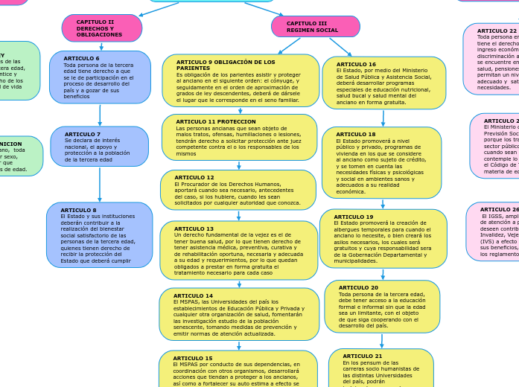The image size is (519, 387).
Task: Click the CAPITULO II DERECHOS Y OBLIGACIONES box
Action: pos(101,28)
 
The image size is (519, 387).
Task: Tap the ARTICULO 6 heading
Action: pos(81,58)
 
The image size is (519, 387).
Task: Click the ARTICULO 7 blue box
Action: pos(99,147)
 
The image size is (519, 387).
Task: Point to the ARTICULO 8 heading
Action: pos(78,210)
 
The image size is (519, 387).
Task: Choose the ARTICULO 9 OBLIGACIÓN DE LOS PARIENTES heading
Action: pos(225,65)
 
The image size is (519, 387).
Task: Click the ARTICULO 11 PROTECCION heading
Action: pos(215,121)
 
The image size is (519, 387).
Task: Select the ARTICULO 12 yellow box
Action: pos(238,190)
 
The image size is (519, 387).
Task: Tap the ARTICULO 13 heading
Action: pos(194,228)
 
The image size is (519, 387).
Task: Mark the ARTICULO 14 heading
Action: pos(193,295)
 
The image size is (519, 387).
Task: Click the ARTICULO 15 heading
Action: pos(193,358)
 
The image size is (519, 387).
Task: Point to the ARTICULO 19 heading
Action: pos(353,217)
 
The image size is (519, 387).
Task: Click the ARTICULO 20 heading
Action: pos(358,287)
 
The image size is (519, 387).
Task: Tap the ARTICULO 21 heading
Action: pos(362,356)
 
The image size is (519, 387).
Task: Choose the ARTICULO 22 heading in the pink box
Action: pos(497,31)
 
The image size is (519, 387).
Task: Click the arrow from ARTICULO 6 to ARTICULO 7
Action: pos(100,115)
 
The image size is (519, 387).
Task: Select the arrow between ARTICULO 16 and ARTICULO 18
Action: pos(383,118)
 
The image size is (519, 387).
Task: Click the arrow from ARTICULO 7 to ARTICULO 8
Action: pos(99,184)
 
